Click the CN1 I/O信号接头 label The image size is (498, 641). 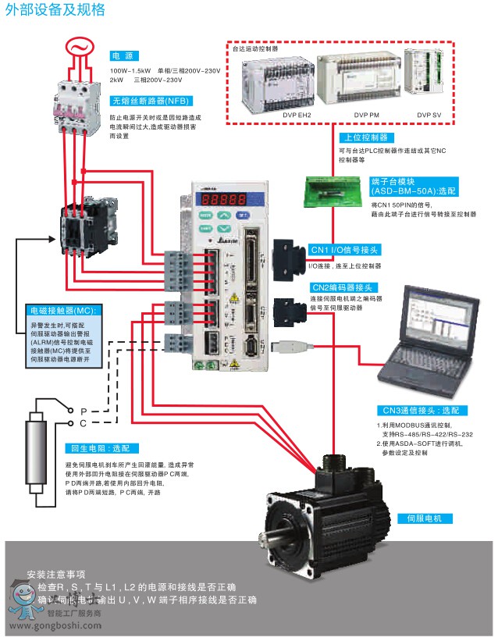[343, 250]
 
